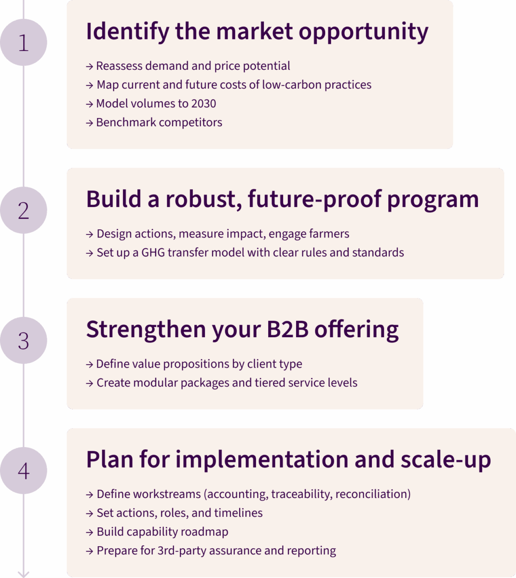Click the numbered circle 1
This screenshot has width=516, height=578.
[24, 42]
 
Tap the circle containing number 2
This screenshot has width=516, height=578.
[24, 210]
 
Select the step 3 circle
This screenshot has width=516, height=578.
[24, 341]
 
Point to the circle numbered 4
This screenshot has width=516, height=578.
[24, 471]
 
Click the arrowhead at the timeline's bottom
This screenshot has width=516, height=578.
[24, 574]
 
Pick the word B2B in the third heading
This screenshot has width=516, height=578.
[287, 329]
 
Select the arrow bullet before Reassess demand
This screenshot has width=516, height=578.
[89, 66]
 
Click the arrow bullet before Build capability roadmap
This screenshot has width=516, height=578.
[89, 532]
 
